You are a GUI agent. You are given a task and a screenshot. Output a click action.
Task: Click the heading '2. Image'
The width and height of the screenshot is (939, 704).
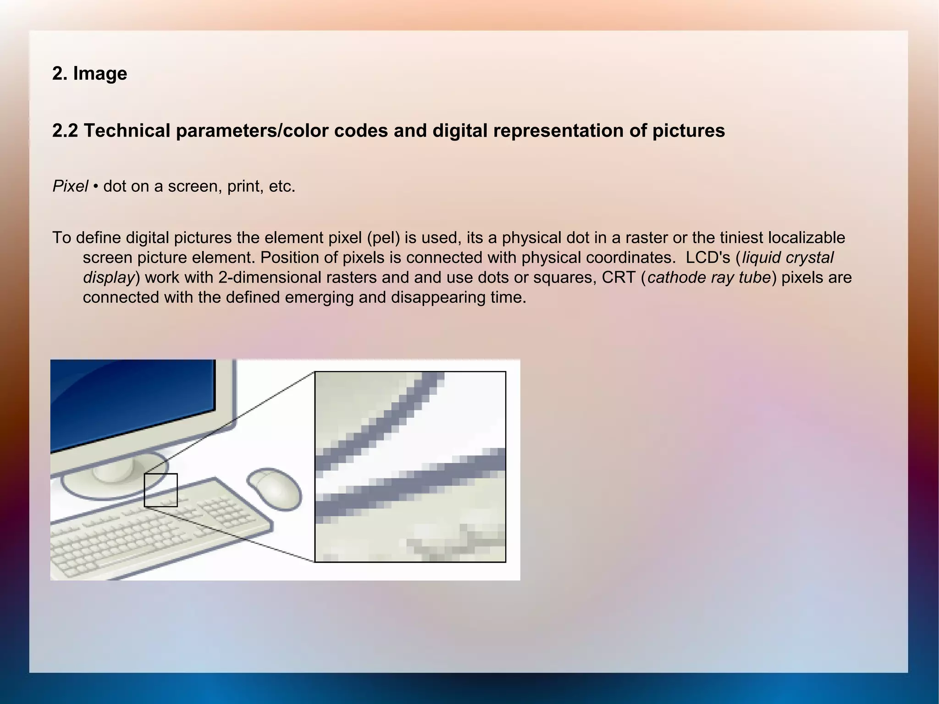tap(89, 73)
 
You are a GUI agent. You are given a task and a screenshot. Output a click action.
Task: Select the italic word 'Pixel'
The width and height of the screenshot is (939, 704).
tap(70, 186)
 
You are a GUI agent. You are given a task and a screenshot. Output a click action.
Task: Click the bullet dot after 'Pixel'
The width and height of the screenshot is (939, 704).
tap(95, 187)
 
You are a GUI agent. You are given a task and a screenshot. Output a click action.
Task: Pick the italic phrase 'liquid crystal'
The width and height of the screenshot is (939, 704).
tap(788, 258)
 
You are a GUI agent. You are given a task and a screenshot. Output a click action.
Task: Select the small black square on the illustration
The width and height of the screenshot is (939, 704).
tap(160, 490)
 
